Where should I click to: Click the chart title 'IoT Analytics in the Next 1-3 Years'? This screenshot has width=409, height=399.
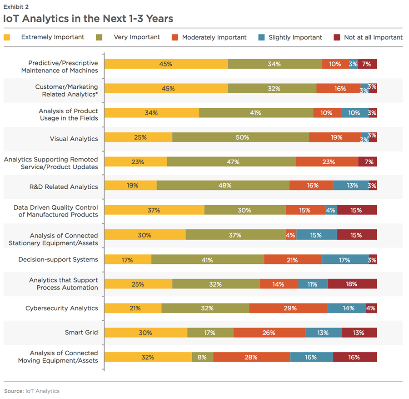click(x=88, y=19)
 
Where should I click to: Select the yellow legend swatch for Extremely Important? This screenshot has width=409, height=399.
click(x=7, y=37)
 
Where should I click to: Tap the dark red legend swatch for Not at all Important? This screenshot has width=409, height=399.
click(x=337, y=37)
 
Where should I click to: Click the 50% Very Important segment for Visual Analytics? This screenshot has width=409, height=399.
click(x=240, y=137)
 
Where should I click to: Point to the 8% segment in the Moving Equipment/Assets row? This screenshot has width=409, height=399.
click(x=202, y=357)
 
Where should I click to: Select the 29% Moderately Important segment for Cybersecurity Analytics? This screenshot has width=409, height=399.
click(x=288, y=308)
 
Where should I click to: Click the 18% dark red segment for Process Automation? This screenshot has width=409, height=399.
click(x=352, y=284)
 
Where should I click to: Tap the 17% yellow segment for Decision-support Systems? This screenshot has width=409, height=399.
click(x=128, y=260)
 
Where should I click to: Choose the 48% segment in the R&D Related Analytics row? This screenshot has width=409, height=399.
click(x=223, y=186)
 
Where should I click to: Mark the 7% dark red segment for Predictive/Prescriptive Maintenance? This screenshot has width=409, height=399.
click(x=367, y=64)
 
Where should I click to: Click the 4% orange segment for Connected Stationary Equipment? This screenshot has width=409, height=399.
click(x=291, y=235)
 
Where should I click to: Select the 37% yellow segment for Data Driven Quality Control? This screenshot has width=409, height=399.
click(x=154, y=211)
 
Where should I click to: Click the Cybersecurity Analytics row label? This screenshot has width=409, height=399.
click(x=61, y=308)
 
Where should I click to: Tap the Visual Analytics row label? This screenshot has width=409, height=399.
click(x=74, y=138)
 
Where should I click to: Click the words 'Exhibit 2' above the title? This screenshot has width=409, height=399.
click(x=16, y=6)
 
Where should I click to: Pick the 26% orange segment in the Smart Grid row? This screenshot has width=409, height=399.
click(x=269, y=333)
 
